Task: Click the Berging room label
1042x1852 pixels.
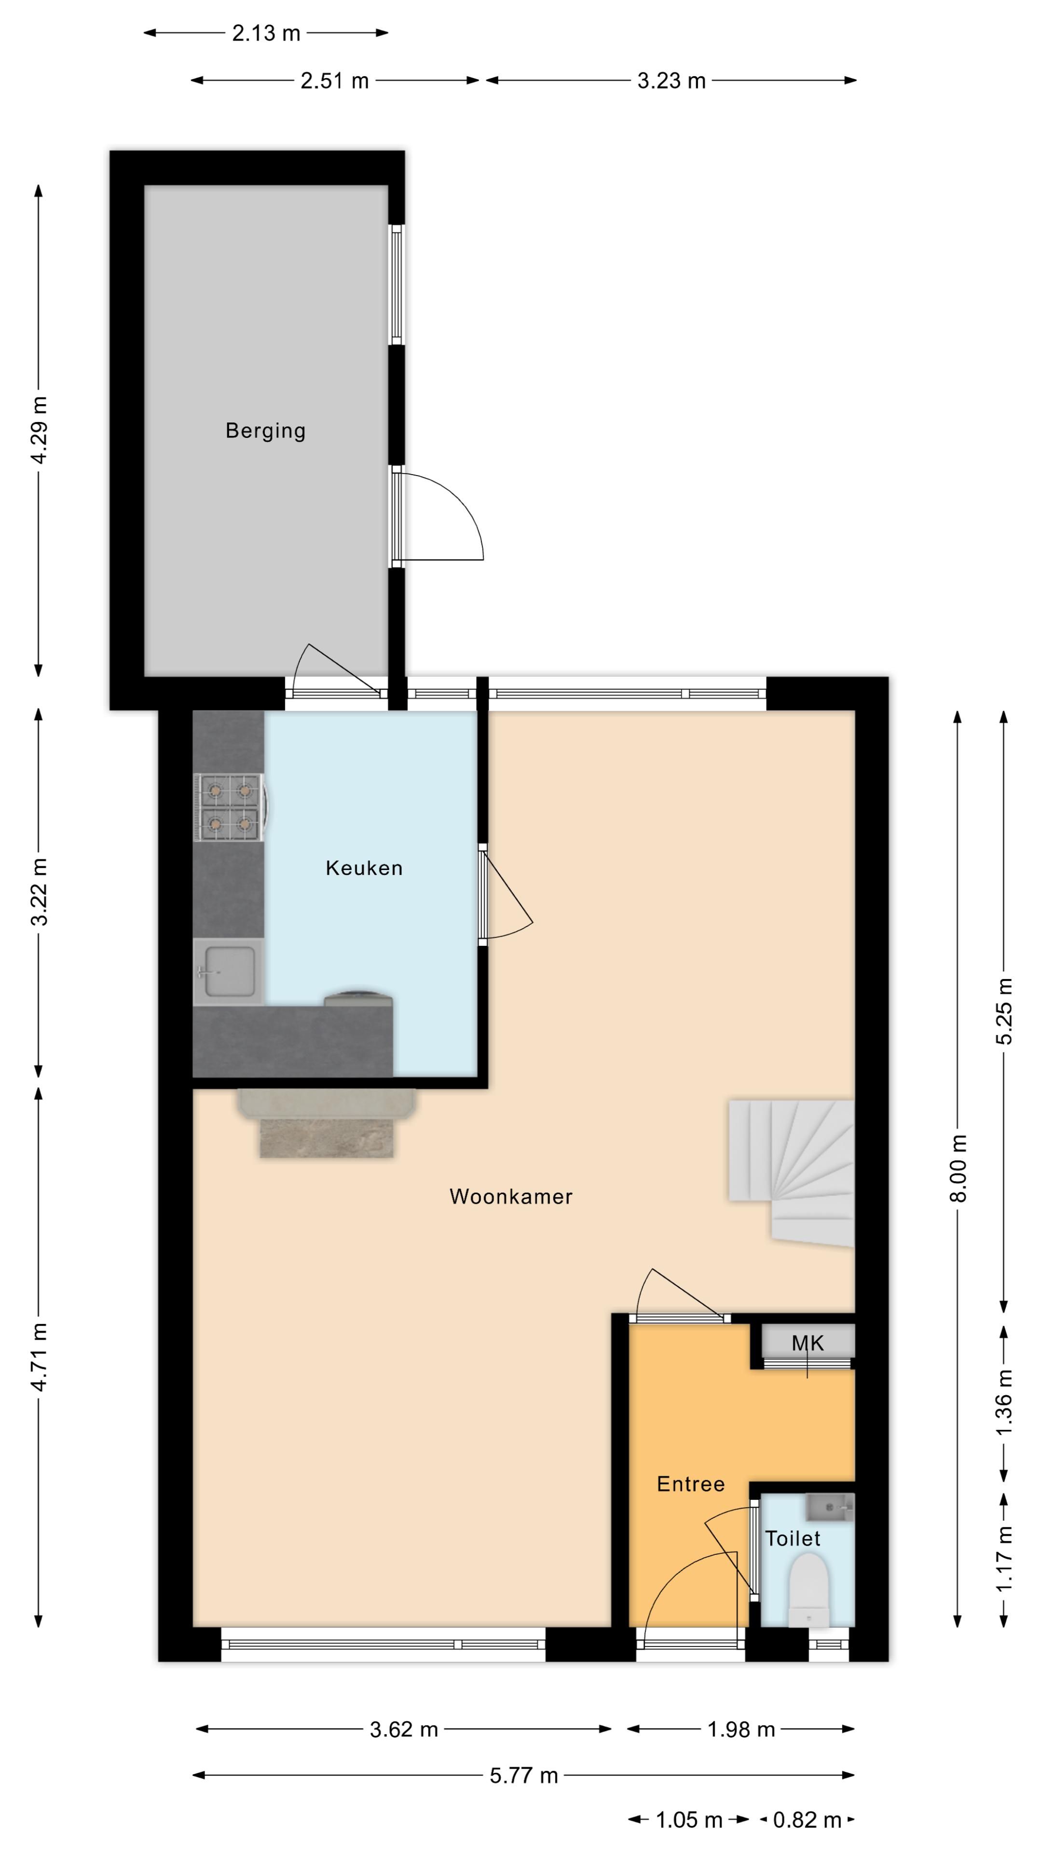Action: tap(265, 431)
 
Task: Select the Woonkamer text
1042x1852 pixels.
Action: tap(510, 1196)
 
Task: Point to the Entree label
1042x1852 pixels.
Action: tap(690, 1484)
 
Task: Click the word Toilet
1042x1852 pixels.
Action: tap(793, 1539)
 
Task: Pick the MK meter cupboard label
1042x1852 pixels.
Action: tap(808, 1343)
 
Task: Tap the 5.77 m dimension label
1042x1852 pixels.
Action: tap(523, 1776)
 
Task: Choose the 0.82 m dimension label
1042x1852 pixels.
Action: tap(807, 1820)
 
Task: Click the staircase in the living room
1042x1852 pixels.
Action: tap(791, 1172)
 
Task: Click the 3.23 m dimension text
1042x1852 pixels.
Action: tap(671, 81)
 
